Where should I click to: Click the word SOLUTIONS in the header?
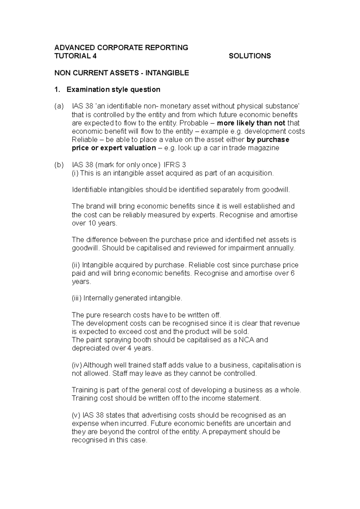[x=250, y=56]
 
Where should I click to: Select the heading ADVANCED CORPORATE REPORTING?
[x=121, y=48]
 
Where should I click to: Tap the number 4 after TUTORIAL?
[x=95, y=56]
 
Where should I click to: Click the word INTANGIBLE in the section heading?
[x=167, y=73]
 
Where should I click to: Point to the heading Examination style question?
[x=113, y=90]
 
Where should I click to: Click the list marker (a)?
[x=59, y=106]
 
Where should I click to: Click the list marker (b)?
[x=59, y=165]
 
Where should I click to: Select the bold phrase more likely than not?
[x=251, y=123]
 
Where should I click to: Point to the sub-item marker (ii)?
[x=76, y=265]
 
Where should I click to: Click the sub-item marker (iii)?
[x=77, y=298]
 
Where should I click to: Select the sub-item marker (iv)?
[x=77, y=365]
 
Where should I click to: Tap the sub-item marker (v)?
[x=76, y=415]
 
